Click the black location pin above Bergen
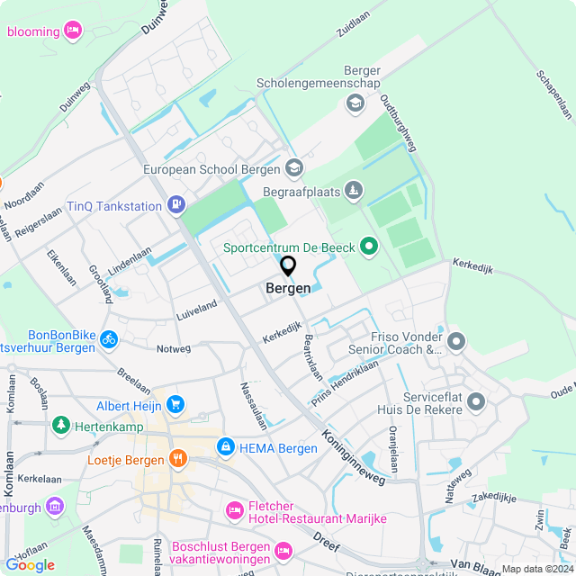288,266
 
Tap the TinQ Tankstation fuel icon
176,206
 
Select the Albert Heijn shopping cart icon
175,406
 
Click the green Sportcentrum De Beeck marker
368,245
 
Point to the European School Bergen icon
293,167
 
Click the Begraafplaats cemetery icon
354,190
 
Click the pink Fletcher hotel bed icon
234,510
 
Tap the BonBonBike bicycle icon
108,339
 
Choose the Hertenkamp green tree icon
60,423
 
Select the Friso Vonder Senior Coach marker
456,341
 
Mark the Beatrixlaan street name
312,355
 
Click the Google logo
30,565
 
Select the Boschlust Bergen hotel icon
283,549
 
